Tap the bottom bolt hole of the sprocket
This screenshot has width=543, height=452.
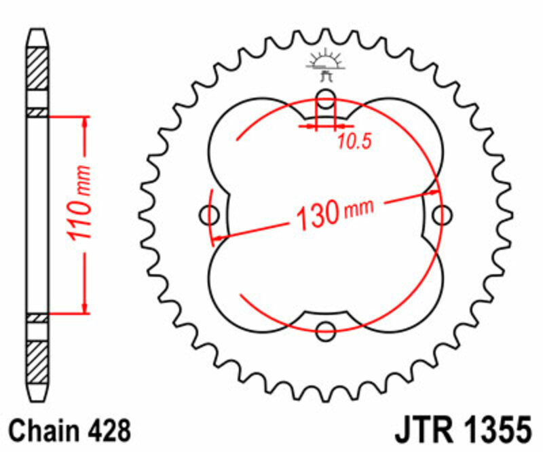coord(326,331)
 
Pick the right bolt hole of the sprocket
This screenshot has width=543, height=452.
coord(443,215)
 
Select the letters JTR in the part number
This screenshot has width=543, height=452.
coord(419,431)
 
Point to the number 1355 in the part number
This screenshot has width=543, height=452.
coord(495,431)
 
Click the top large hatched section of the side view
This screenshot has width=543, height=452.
coord(38,67)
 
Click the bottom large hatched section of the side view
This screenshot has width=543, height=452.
coord(38,360)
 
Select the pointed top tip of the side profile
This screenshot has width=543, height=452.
coord(38,31)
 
